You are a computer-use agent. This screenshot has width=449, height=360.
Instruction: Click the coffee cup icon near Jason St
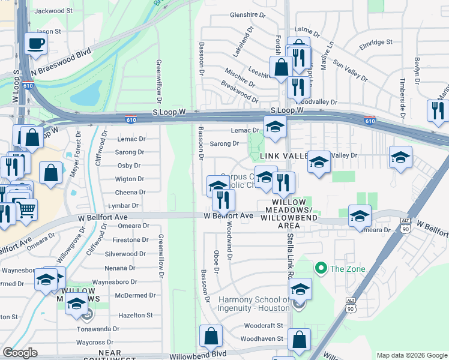36,44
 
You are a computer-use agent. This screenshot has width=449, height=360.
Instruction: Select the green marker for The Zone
321,268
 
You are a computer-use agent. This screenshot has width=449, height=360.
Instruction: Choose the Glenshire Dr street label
247,14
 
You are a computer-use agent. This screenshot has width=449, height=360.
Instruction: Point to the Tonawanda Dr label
98,329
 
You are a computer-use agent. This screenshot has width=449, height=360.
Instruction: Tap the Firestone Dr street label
130,239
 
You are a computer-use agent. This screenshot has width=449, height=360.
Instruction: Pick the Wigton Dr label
130,179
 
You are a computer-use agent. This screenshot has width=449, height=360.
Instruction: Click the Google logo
20,353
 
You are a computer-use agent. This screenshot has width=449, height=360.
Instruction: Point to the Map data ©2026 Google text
412,355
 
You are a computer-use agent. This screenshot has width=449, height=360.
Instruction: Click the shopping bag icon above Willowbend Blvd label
211,337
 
